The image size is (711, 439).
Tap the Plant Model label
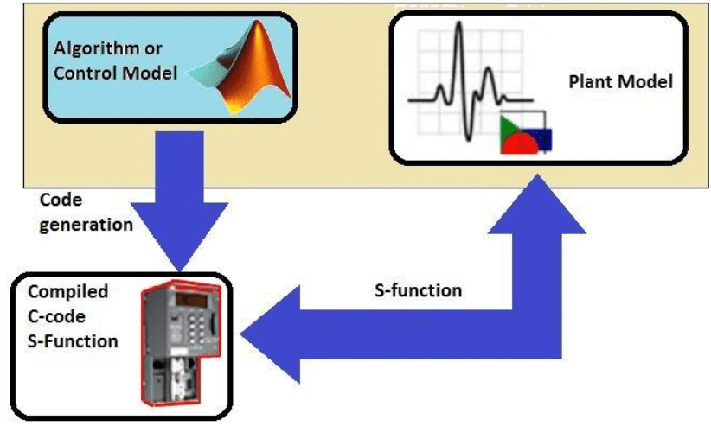click(x=620, y=82)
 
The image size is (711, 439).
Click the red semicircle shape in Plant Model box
click(x=519, y=144)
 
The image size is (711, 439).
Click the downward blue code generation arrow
click(x=181, y=203)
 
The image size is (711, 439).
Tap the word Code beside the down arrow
click(x=61, y=200)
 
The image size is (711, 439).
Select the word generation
click(x=86, y=224)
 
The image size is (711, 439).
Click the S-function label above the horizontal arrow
click(x=418, y=290)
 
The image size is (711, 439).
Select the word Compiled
click(x=68, y=292)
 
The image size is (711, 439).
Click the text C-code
click(x=57, y=316)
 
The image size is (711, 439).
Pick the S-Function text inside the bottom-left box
click(x=73, y=340)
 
